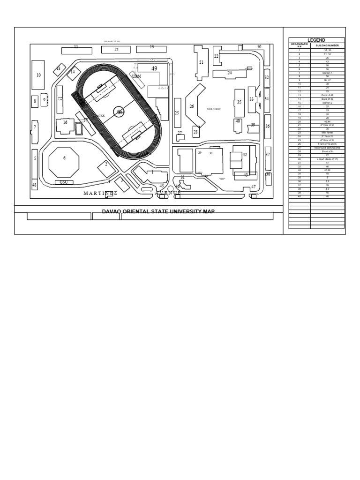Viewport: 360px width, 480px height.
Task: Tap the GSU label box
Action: (x=64, y=182)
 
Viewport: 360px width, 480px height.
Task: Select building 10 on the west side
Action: (x=38, y=75)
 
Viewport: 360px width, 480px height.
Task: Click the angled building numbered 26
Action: (x=192, y=107)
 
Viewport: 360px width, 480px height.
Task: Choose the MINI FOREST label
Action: (x=213, y=109)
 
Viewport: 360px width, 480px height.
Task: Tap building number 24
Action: (x=229, y=73)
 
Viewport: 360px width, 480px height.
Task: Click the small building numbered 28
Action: (x=196, y=132)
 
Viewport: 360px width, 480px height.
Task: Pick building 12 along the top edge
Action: (x=115, y=50)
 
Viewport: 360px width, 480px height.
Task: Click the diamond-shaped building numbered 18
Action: (x=59, y=69)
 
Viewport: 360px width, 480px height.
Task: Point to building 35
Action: (x=239, y=102)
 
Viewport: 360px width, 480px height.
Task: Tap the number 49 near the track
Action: (x=154, y=68)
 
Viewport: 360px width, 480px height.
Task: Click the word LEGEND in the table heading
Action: (x=316, y=40)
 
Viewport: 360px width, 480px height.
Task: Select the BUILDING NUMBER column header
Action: (x=327, y=45)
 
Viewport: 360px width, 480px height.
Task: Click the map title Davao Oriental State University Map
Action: (x=158, y=211)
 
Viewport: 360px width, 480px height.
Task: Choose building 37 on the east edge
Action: (x=268, y=155)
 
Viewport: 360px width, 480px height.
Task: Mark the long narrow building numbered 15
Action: (x=60, y=99)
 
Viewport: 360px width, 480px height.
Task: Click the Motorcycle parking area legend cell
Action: (x=327, y=147)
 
